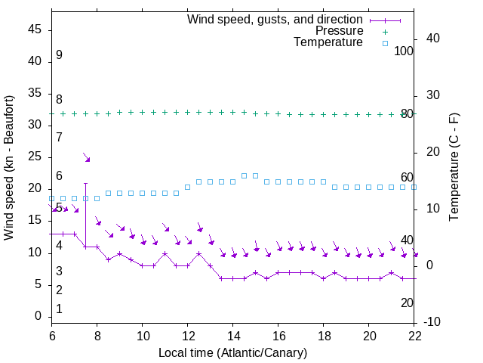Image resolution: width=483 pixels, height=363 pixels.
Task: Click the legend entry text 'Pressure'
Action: point(340,31)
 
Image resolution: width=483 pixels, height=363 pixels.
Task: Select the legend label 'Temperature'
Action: point(328,43)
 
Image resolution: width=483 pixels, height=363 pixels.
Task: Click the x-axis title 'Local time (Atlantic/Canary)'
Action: point(233,353)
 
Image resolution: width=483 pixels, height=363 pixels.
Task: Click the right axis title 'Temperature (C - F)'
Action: point(454,168)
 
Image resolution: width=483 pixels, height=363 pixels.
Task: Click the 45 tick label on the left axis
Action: point(34,29)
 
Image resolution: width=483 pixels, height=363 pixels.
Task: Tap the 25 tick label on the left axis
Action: point(34,157)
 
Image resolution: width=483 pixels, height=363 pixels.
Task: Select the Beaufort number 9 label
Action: point(59,55)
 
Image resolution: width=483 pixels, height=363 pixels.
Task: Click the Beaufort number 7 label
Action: point(59,137)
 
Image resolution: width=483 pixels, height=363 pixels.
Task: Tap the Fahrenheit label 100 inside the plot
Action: point(405,51)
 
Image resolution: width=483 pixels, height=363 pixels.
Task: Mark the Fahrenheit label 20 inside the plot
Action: point(408,302)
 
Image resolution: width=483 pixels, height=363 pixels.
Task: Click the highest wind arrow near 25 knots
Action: point(87,157)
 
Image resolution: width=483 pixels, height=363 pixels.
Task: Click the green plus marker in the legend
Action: point(384,31)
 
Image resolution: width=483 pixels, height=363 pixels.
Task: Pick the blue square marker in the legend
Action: point(384,43)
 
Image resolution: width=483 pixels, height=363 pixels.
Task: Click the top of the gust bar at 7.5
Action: point(85,183)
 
